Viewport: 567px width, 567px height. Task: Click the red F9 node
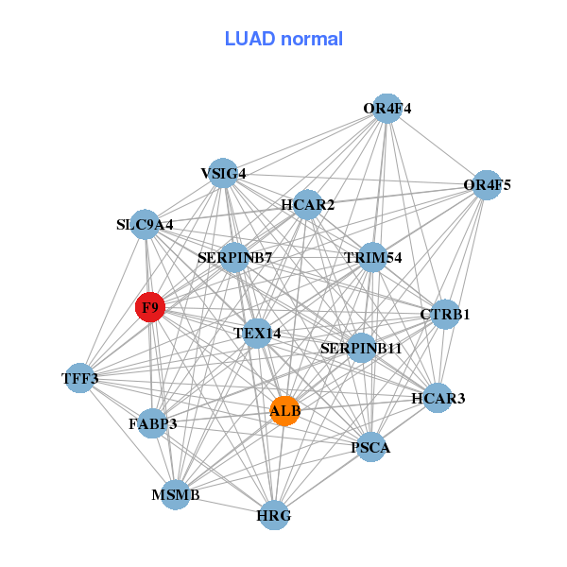tap(150, 307)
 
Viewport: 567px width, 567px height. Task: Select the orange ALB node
tap(285, 411)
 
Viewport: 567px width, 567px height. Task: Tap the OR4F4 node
tap(387, 109)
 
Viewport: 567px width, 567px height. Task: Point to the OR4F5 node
tap(487, 185)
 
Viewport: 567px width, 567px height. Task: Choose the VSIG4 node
tap(223, 173)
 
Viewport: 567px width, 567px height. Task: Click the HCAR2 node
tap(307, 205)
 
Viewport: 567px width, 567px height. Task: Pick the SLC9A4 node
tap(145, 224)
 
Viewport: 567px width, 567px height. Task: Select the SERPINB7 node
tap(234, 257)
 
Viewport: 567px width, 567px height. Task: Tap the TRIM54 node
tap(372, 257)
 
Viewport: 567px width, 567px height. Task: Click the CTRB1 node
tap(445, 315)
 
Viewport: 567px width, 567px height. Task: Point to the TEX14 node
tap(257, 333)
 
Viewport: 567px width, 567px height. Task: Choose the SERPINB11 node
tap(361, 348)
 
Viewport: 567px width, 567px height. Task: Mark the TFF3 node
tap(80, 378)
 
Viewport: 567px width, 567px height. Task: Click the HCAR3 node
tap(438, 398)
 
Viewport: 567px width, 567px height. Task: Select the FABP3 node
tap(152, 423)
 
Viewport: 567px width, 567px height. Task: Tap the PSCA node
tap(370, 447)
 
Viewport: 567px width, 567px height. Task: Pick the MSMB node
tap(176, 494)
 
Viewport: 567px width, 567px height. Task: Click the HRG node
tap(274, 515)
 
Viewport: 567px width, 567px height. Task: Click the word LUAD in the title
tap(249, 39)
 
